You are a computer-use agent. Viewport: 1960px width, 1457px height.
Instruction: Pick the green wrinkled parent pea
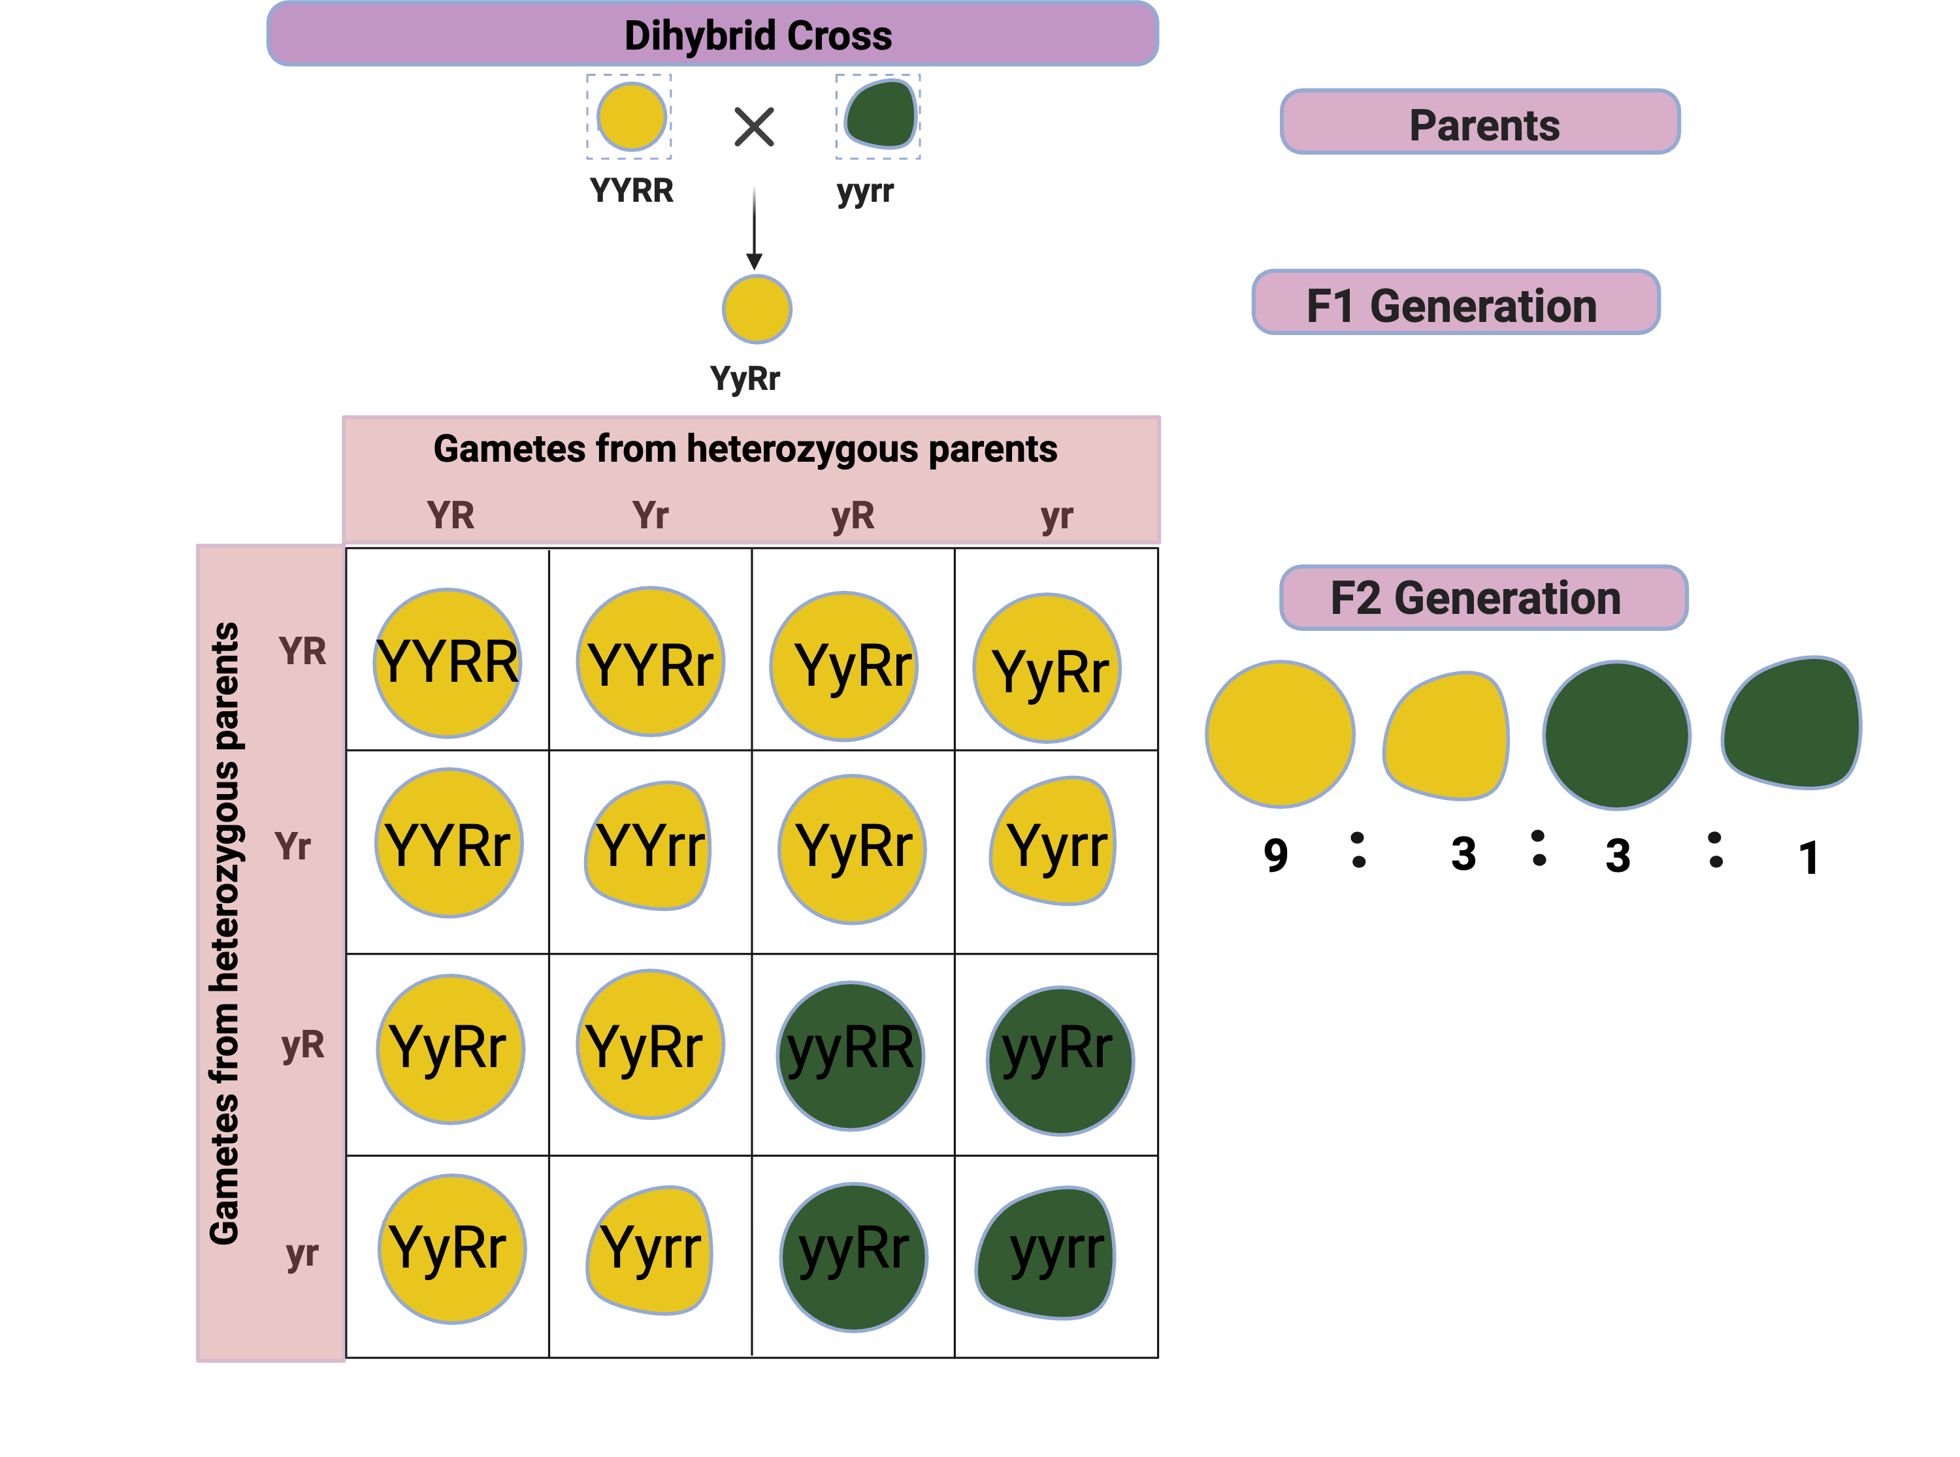(879, 116)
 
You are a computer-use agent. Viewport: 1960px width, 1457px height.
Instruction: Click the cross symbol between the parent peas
(754, 127)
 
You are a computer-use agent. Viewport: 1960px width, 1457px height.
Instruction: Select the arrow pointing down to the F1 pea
(754, 227)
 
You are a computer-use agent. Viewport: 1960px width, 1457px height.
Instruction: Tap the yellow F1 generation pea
(757, 309)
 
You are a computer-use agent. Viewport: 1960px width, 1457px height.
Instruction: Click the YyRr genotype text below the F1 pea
(745, 378)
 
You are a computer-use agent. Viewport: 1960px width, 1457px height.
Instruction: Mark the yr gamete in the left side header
(302, 1253)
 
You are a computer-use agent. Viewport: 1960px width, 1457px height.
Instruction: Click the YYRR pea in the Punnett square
(448, 662)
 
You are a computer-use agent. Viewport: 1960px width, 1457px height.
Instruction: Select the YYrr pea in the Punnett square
(649, 845)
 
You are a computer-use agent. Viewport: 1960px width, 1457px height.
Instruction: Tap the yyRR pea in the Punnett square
(851, 1054)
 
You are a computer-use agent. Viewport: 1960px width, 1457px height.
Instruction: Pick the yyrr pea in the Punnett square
(1048, 1253)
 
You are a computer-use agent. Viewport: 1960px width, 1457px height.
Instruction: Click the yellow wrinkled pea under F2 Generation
(1446, 735)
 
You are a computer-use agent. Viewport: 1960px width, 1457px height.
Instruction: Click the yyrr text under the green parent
(864, 191)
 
